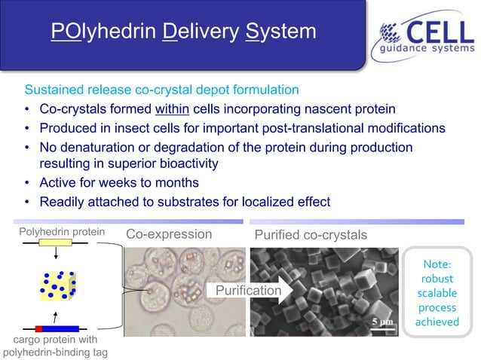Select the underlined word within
pos(175,109)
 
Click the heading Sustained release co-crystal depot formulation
pos(162,90)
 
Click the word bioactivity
pos(184,163)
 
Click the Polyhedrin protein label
pos(62,232)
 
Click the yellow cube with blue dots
pos(58,286)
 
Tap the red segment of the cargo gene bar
pos(38,328)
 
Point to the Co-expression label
pos(169,234)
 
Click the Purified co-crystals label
pos(311,235)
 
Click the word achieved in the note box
pos(437,322)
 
